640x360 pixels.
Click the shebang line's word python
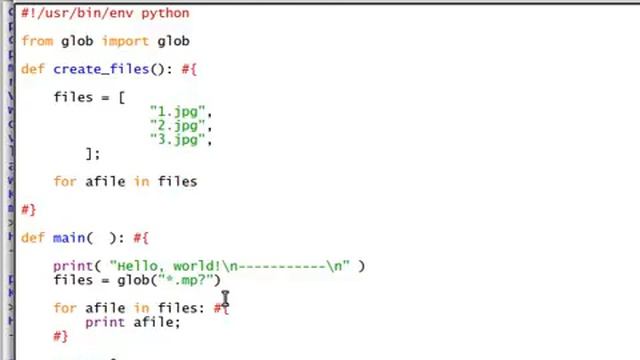(x=165, y=13)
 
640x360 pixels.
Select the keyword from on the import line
(x=37, y=41)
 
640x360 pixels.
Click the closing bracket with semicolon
(x=93, y=154)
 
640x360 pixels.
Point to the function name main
(x=69, y=238)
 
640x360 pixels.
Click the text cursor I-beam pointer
(x=226, y=300)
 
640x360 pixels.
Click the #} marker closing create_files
(x=28, y=210)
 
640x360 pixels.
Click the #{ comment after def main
(x=141, y=238)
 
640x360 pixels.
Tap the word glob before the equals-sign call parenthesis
(x=133, y=280)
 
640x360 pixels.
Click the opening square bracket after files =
(x=121, y=97)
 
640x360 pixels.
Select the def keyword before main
(x=33, y=238)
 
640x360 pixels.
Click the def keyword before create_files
(x=33, y=69)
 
